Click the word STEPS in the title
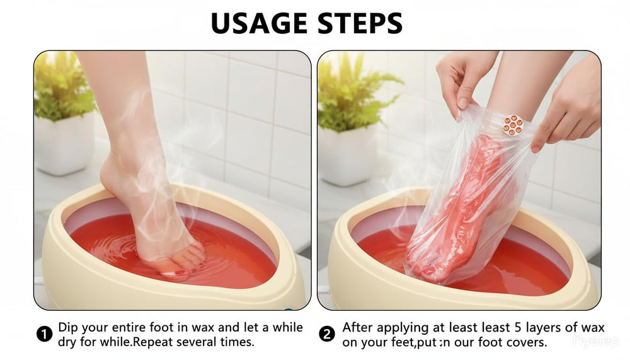(360, 23)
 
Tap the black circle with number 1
(44, 334)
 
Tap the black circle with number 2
(326, 334)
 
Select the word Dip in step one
(68, 328)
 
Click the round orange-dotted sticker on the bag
(513, 125)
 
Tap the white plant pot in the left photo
(65, 143)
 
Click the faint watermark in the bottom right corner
(596, 342)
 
